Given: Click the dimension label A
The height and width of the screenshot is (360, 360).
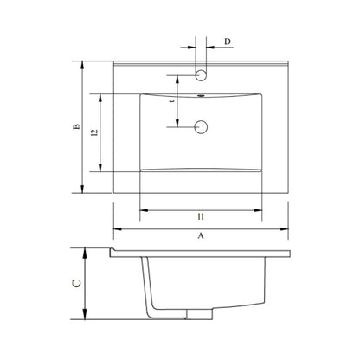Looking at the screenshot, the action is click(x=201, y=235).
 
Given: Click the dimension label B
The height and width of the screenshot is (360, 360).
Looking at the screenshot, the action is click(x=76, y=126).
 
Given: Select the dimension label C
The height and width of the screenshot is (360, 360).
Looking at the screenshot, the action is click(x=76, y=283).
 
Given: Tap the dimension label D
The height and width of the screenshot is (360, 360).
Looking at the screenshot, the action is click(x=228, y=42).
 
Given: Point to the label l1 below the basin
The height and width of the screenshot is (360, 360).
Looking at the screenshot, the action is click(x=201, y=216).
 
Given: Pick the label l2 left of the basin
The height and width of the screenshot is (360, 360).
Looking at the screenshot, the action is click(x=94, y=132).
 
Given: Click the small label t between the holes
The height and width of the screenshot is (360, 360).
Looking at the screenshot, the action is click(x=172, y=101).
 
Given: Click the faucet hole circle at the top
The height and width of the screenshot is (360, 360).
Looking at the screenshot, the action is click(x=201, y=75).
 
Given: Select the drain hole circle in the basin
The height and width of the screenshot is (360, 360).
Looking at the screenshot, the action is click(x=201, y=127).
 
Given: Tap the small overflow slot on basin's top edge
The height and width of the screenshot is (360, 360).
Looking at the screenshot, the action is click(x=202, y=95).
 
